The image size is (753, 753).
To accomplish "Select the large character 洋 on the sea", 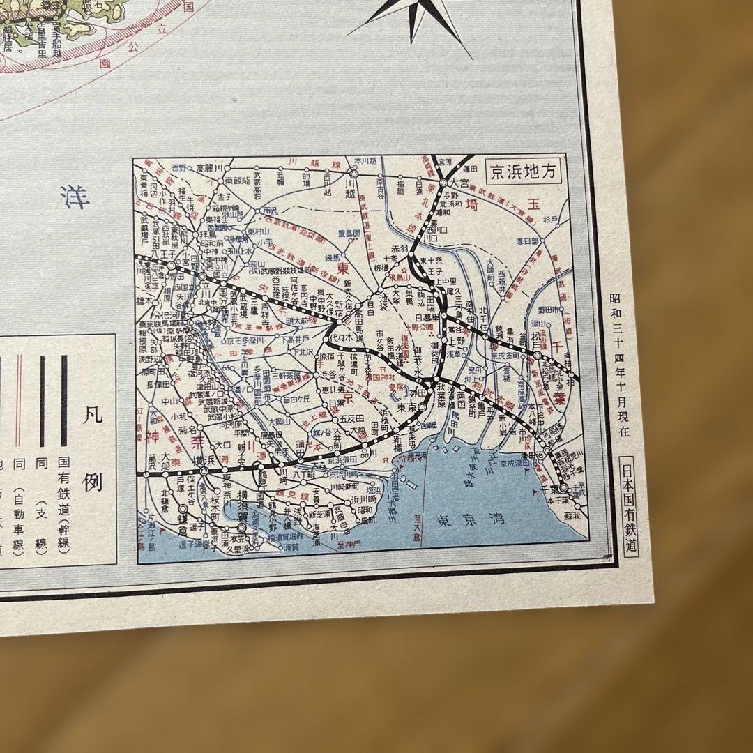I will coord(75,197).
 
